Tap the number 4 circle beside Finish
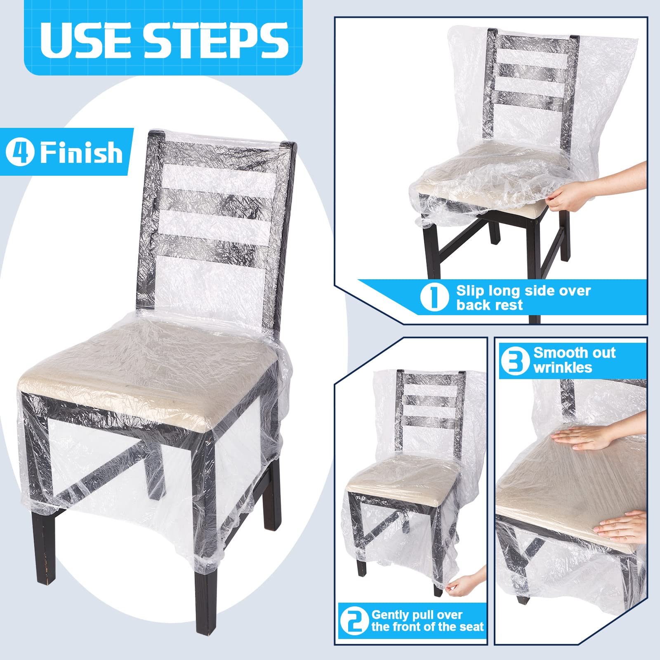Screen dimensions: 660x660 pos(19,152)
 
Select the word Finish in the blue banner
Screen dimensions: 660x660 pos(81,152)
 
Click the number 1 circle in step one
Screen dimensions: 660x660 pos(434,296)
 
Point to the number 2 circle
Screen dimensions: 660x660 pos(354,621)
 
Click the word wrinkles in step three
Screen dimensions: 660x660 pos(563,368)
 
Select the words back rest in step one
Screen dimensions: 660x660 pos(489,305)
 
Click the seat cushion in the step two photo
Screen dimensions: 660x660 pos(402,474)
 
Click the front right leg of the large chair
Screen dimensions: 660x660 pos(206,594)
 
